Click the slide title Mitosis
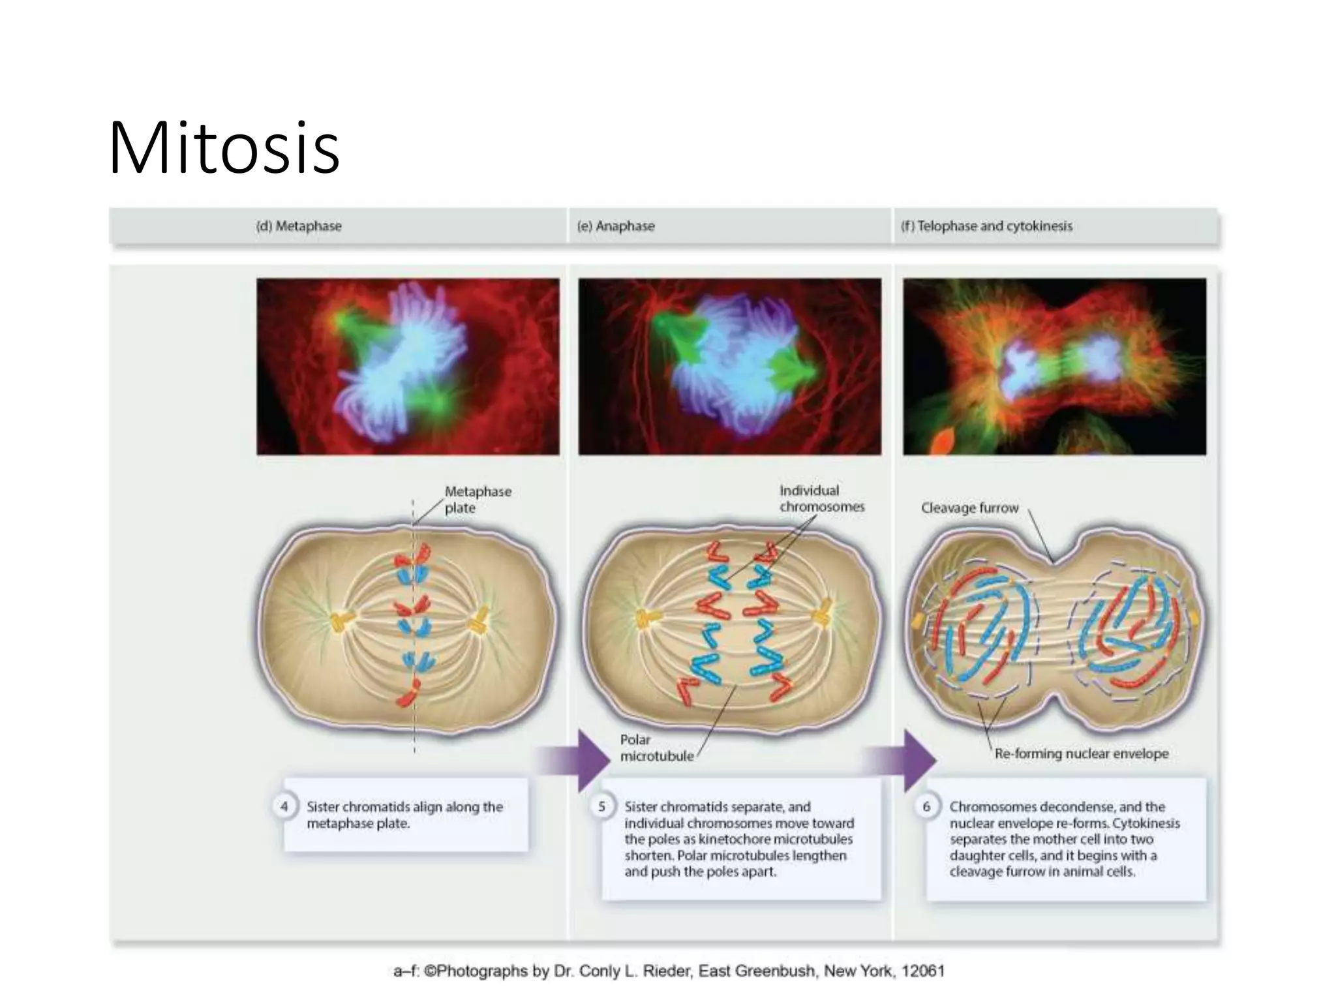click(224, 148)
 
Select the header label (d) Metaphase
click(299, 226)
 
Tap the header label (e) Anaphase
click(616, 226)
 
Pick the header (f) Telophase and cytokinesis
click(986, 226)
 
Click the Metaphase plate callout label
click(477, 500)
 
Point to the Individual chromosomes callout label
click(821, 498)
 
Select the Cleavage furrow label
click(969, 508)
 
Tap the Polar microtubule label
click(656, 748)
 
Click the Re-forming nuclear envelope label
click(1081, 754)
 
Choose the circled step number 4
click(284, 807)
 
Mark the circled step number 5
click(601, 807)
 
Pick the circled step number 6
click(926, 807)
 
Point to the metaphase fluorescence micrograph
click(408, 366)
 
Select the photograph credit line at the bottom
click(669, 971)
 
